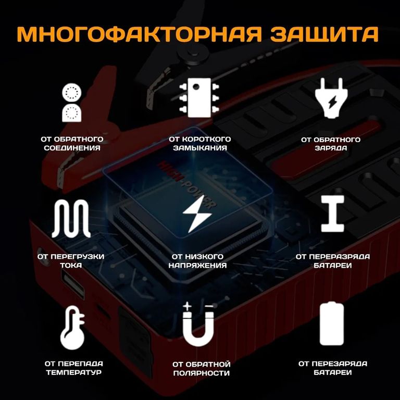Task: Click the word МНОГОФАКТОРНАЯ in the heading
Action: coord(140,34)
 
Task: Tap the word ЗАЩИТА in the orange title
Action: coord(324,34)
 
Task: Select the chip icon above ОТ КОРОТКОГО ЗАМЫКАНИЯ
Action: coord(199,98)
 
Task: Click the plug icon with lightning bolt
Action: coord(332,98)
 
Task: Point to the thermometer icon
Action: coord(72,328)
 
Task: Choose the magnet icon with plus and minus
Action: coord(198,324)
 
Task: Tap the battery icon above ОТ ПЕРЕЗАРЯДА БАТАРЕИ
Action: coord(332,323)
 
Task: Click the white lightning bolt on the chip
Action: coord(197,214)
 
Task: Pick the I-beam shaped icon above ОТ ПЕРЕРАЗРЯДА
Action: coord(332,214)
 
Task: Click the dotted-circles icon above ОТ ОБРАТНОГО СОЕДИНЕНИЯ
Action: coord(72,103)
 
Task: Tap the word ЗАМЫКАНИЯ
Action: coord(200,148)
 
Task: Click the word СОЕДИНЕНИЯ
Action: coord(72,148)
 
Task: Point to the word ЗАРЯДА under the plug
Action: coord(331,148)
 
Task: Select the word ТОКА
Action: coord(71,265)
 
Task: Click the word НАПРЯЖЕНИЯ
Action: coord(198,265)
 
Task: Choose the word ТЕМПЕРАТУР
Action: coord(74,372)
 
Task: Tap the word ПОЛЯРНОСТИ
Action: coord(201,373)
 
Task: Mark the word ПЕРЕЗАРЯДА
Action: coord(340,364)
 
